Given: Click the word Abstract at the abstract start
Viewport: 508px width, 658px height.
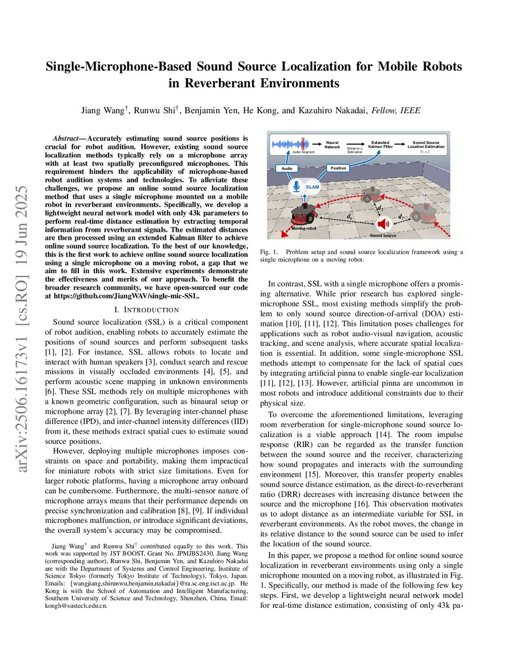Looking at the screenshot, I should tap(65, 139).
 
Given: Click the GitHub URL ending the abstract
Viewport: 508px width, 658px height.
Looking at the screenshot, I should tap(127, 296).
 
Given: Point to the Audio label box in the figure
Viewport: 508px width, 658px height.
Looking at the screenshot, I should tap(287, 168).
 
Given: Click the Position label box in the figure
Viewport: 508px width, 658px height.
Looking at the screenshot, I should tap(338, 168).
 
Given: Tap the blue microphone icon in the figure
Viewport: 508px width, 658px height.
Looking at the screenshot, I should tap(297, 186).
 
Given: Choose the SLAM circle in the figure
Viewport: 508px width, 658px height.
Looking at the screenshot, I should tap(313, 187).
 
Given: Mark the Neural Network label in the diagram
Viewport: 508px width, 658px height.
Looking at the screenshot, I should tap(332, 145).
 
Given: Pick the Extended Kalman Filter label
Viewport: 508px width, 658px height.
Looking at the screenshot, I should tap(381, 145).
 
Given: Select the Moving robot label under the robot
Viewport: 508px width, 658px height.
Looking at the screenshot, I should tap(304, 228).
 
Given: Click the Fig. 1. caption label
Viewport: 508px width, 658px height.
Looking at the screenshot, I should tap(269, 252).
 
